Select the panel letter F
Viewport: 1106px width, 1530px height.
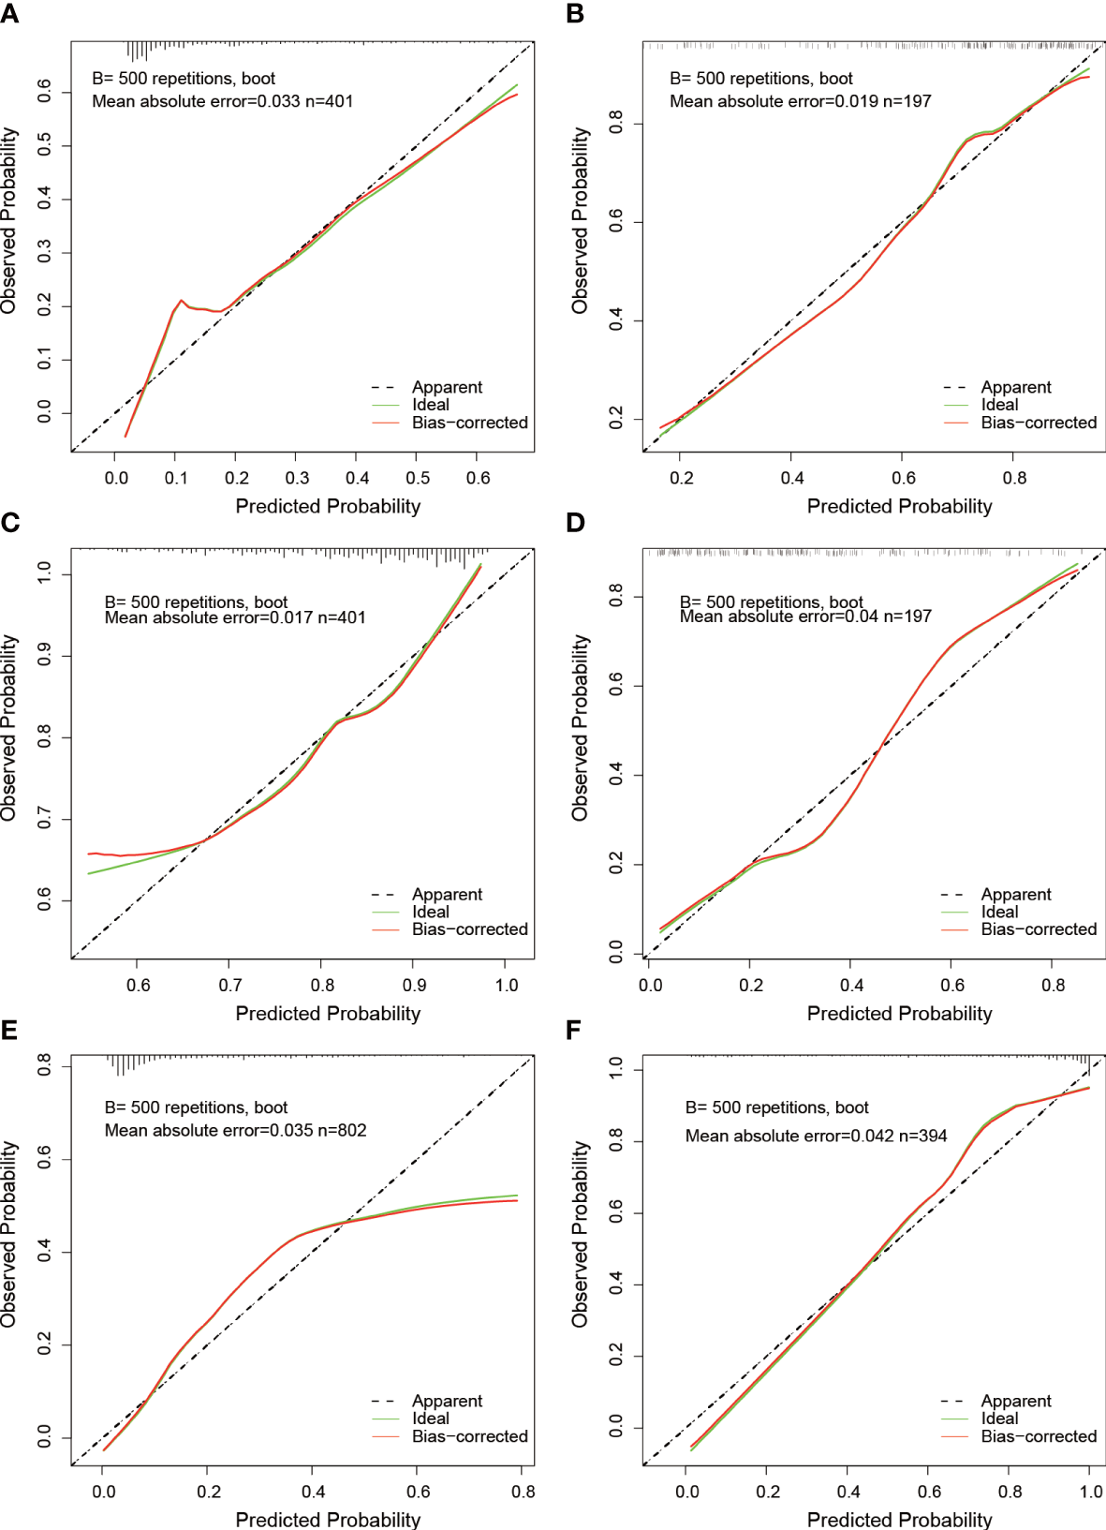[x=574, y=1031]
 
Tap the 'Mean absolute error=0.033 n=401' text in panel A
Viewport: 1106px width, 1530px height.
[x=222, y=101]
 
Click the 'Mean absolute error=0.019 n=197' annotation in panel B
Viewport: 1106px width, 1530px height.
[x=800, y=101]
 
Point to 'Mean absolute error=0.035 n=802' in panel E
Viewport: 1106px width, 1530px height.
[x=235, y=1131]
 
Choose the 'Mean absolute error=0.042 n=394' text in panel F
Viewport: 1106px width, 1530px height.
[x=816, y=1136]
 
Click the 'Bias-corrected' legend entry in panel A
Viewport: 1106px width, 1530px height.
[x=469, y=423]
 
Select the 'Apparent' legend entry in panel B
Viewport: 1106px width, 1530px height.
[x=1016, y=387]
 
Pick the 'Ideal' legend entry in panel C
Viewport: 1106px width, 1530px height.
[x=431, y=912]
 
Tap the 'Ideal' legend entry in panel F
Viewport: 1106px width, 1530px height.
[x=999, y=1419]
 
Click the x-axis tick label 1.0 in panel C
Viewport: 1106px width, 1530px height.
[x=507, y=986]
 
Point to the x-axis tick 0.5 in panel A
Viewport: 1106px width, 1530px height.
[x=418, y=478]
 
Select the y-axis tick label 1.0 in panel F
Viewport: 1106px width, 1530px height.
[x=615, y=1069]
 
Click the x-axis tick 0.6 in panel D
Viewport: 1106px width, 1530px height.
[x=952, y=986]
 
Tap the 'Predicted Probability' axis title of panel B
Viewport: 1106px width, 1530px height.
[x=899, y=507]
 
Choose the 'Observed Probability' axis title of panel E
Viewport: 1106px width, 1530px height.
[x=9, y=1233]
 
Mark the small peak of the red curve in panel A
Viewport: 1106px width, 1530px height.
[x=182, y=301]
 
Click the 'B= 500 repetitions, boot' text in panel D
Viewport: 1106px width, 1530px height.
[x=771, y=602]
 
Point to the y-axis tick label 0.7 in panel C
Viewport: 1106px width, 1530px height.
[x=44, y=820]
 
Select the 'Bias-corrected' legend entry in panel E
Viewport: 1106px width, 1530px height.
[x=469, y=1436]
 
